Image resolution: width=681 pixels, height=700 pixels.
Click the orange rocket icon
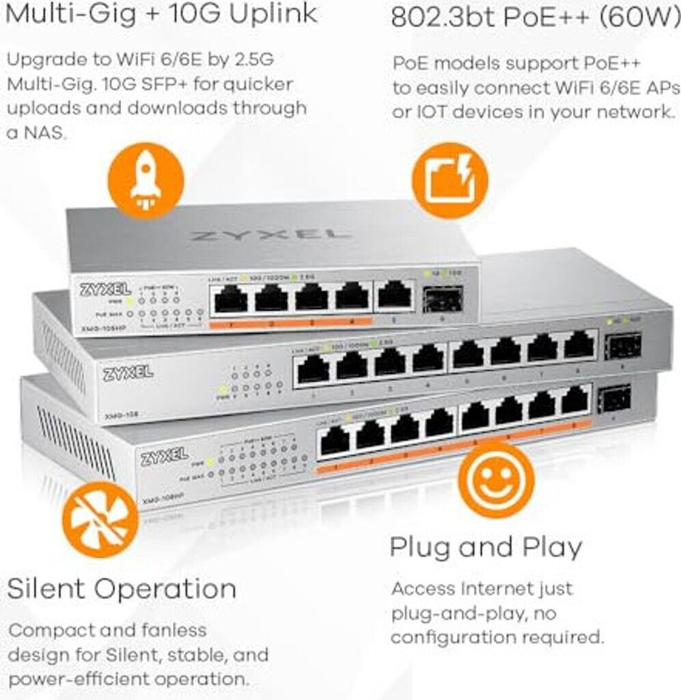point(145,180)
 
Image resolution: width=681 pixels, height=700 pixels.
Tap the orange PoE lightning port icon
point(449,180)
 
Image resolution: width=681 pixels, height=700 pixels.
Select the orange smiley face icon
point(495,479)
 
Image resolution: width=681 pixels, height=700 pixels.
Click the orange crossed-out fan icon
point(100,520)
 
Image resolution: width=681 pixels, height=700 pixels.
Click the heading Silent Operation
point(122,589)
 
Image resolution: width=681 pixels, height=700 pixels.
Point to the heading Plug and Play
point(486,547)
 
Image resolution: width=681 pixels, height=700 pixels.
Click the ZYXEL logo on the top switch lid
point(270,235)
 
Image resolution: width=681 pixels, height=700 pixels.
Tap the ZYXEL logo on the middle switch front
point(128,373)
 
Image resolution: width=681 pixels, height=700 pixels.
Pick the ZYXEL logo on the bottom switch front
point(164,456)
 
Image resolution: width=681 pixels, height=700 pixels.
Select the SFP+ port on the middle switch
point(624,346)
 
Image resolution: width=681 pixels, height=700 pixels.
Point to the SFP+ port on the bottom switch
point(614,399)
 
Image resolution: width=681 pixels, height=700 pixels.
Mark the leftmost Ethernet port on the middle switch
point(313,370)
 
